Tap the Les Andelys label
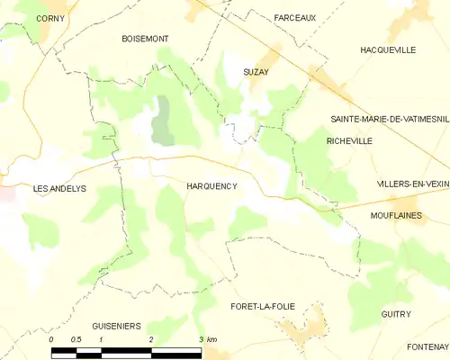(59, 189)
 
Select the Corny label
(50, 18)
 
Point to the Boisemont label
(145, 39)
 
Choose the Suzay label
(256, 70)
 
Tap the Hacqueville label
(387, 50)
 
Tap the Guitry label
(395, 314)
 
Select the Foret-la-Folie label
(264, 307)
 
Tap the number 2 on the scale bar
(150, 339)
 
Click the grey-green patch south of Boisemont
(163, 121)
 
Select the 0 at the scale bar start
(52, 339)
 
